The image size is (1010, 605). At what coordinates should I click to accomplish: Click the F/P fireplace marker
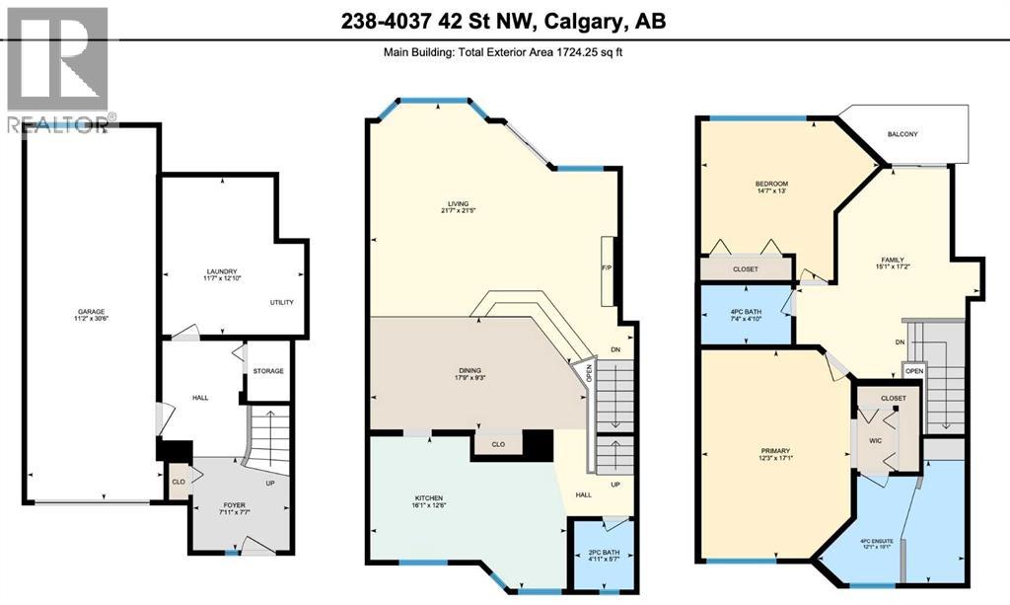(x=608, y=266)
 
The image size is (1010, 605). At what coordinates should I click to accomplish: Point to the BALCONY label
(x=903, y=134)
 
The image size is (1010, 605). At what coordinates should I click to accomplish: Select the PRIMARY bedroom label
(x=774, y=451)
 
